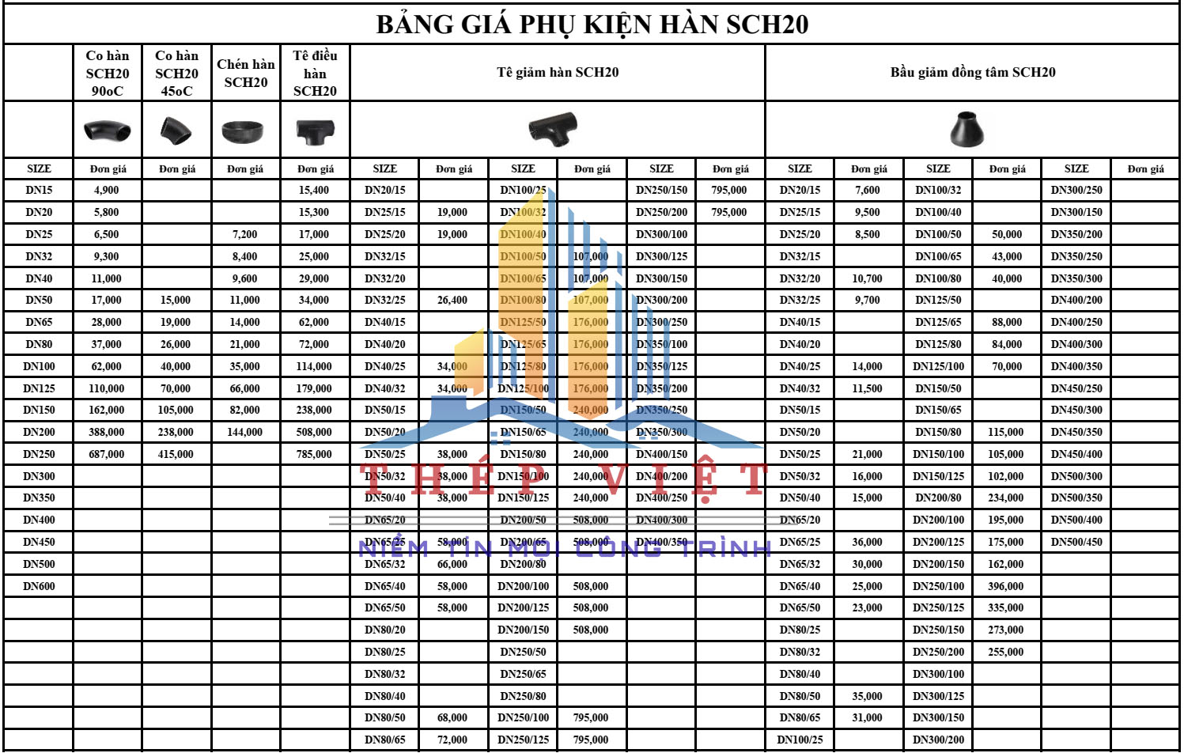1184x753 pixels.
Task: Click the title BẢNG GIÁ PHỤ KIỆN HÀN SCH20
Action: click(x=592, y=25)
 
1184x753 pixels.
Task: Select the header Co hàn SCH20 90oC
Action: click(x=108, y=74)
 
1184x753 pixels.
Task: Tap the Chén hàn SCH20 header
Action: click(x=246, y=74)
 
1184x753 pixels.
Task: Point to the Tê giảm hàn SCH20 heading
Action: click(x=558, y=73)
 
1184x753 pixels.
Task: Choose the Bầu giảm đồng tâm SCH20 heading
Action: click(x=973, y=73)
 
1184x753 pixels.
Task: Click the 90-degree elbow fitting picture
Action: click(x=108, y=130)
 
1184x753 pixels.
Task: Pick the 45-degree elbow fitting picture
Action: click(x=176, y=131)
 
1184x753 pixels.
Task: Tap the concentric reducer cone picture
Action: click(x=967, y=129)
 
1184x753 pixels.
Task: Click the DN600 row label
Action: click(x=40, y=586)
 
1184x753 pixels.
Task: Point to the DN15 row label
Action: click(x=39, y=191)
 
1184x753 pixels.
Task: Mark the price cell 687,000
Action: click(x=107, y=455)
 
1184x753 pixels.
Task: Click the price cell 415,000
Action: click(x=176, y=455)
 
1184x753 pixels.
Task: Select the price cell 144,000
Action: click(x=244, y=433)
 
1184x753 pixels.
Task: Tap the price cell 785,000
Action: click(x=314, y=455)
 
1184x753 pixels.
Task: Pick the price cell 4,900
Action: click(x=107, y=191)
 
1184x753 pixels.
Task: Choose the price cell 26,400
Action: click(x=452, y=301)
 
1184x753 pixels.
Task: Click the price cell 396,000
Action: click(x=1006, y=586)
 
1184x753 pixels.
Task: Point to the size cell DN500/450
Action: click(x=1076, y=543)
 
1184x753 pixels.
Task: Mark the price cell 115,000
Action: click(x=1006, y=433)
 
